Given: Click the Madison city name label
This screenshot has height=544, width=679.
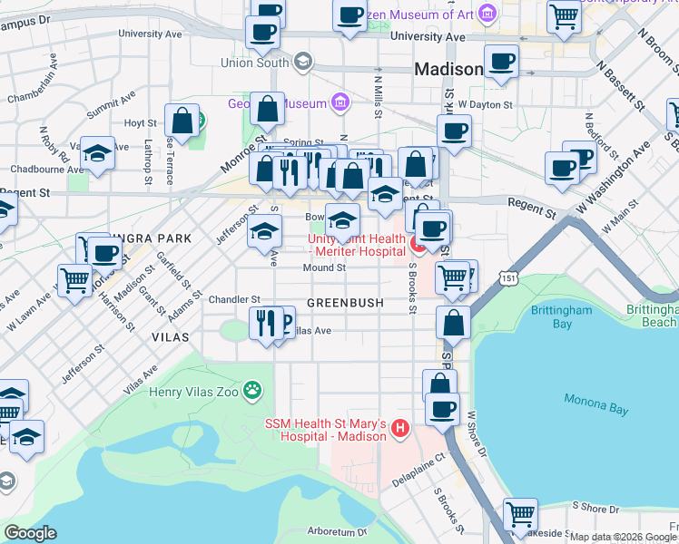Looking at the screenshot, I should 448,70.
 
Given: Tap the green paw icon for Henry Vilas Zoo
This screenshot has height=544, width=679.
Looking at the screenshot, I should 252,392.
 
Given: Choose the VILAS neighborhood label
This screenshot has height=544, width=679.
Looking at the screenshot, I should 171,336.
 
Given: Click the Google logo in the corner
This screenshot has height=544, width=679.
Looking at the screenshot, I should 30,533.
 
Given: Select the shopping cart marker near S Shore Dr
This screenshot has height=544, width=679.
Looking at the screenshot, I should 520,514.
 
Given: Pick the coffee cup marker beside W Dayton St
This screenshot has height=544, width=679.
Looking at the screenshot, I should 454,130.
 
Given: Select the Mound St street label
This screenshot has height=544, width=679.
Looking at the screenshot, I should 324,268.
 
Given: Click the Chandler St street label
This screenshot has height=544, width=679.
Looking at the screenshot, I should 234,298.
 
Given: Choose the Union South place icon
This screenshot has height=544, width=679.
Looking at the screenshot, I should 302,63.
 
